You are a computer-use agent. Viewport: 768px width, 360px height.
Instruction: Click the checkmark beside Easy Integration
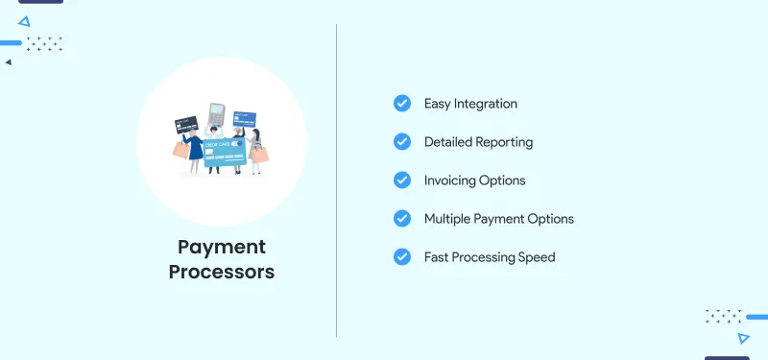pos(402,104)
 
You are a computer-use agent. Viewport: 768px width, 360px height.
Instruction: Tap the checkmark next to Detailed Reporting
pos(402,142)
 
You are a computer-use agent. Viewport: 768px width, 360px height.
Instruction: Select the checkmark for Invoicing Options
pos(402,180)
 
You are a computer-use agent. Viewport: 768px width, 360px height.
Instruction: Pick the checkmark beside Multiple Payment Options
pos(402,219)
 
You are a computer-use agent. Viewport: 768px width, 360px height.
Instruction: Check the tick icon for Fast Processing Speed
pos(402,257)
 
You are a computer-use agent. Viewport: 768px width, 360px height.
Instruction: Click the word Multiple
pos(449,219)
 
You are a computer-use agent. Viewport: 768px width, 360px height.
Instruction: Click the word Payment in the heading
pos(222,248)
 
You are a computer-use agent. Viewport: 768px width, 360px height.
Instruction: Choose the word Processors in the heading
pos(222,272)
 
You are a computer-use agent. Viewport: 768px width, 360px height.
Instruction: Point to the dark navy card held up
pos(186,126)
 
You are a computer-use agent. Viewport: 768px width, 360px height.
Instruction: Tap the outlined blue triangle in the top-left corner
pos(24,20)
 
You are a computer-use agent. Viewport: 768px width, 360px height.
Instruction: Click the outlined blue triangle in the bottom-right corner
pos(744,338)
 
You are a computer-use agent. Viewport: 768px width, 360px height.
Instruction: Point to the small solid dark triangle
pos(9,62)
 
